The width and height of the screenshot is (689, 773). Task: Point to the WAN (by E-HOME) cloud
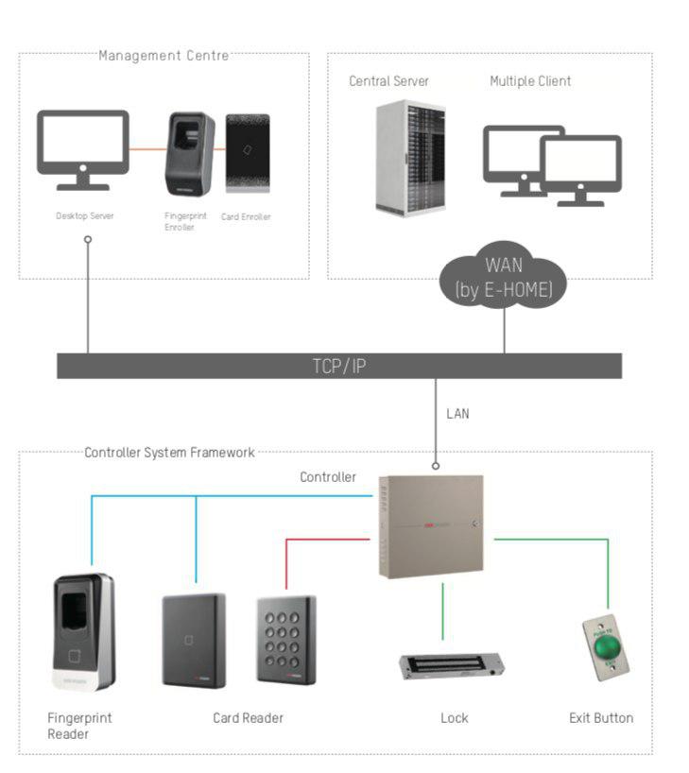[505, 277]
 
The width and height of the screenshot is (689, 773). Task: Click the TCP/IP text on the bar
[339, 367]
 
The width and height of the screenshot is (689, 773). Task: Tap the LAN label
[457, 413]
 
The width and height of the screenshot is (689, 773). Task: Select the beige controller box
[430, 525]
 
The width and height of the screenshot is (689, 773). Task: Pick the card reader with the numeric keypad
[285, 639]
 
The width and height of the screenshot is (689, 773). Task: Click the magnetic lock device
[455, 667]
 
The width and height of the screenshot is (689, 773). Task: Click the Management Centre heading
[164, 56]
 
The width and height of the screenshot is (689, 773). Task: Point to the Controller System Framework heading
[169, 453]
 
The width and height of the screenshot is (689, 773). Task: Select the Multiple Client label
[529, 81]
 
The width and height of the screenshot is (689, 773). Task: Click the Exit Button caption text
[601, 718]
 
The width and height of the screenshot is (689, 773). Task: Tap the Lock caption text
[455, 718]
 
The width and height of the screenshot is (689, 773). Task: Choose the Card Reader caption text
[248, 718]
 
